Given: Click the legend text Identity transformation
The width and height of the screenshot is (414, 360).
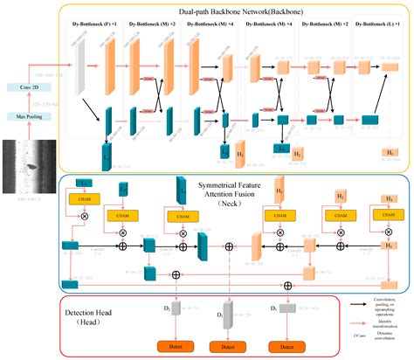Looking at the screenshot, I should pos(382,324).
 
